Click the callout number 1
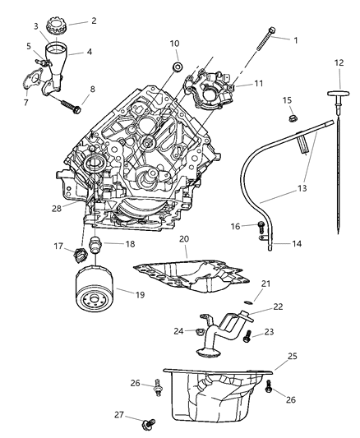(296, 39)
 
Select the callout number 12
(339, 62)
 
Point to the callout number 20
(184, 239)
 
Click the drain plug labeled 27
(149, 425)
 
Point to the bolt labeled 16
(261, 224)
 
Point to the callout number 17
(59, 244)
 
